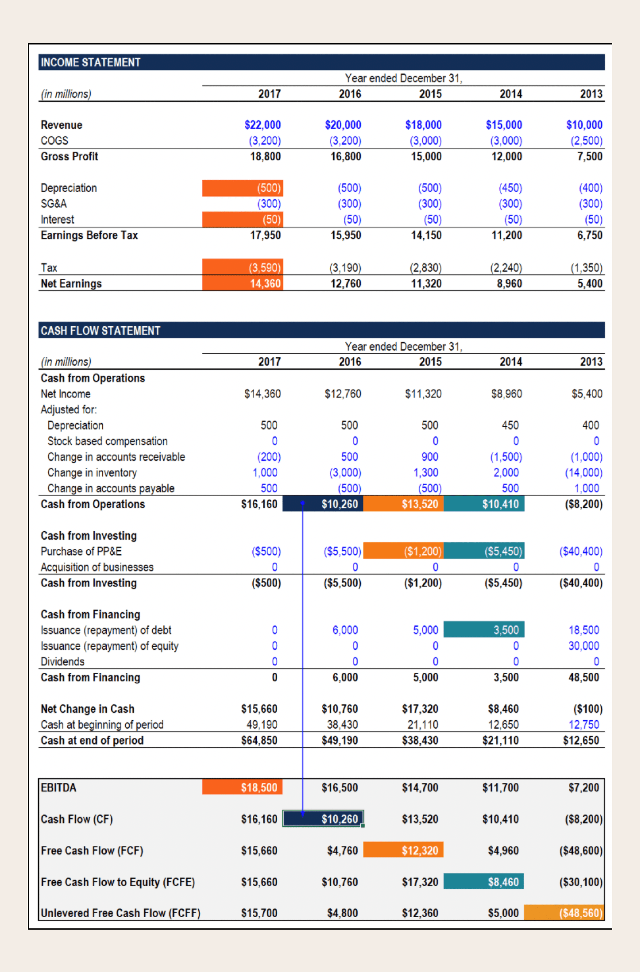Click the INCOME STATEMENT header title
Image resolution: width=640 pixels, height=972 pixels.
[90, 62]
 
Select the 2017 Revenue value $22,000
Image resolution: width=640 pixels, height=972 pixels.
[262, 125]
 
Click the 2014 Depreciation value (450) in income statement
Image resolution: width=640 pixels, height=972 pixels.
[510, 188]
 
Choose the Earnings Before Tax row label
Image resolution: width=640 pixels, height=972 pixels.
[89, 235]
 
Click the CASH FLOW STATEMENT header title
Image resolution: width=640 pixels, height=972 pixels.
[100, 330]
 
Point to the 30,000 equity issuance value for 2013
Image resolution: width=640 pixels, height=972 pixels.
[583, 646]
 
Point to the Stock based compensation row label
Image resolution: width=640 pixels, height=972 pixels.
[107, 441]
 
